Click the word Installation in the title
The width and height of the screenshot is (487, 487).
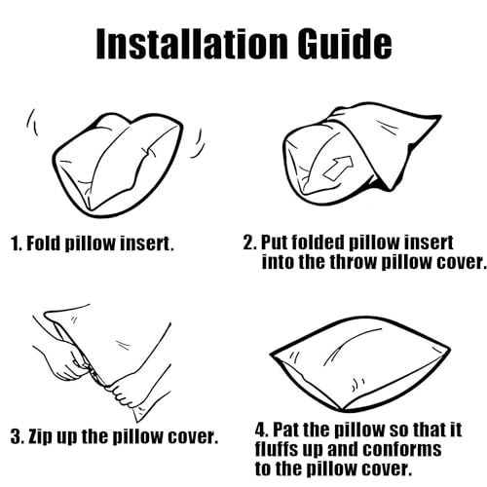[x=192, y=43]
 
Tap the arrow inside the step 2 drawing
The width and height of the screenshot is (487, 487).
[x=338, y=168]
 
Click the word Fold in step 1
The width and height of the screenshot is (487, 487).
[x=44, y=243]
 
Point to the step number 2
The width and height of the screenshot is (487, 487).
[x=249, y=243]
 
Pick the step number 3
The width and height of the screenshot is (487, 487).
[x=17, y=436]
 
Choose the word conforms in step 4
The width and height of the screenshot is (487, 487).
[x=402, y=449]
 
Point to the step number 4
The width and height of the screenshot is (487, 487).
[x=262, y=430]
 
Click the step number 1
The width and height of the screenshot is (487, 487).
[x=17, y=243]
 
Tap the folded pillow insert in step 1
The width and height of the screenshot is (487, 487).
[x=117, y=164]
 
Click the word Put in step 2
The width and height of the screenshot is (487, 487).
[x=276, y=243]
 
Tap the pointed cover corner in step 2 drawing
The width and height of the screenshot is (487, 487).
[x=438, y=117]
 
